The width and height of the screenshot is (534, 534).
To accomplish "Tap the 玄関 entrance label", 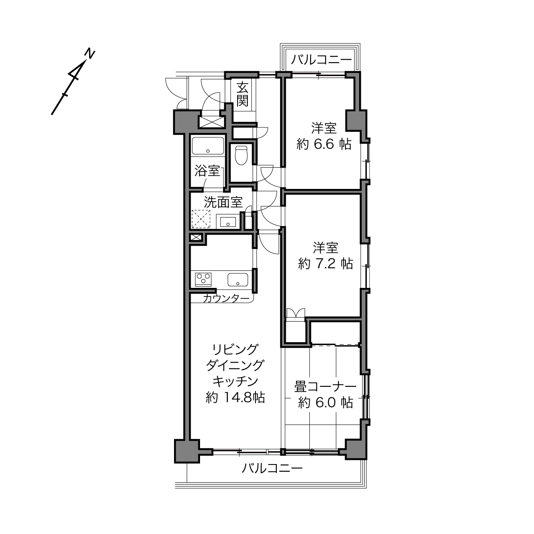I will (x=242, y=95).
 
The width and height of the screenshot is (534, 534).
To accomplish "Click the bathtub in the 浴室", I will (x=208, y=146).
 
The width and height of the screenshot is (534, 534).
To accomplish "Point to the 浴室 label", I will (x=207, y=171).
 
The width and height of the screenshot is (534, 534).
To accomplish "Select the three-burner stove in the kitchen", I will (x=203, y=280).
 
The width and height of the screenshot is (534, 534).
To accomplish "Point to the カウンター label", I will (x=226, y=299).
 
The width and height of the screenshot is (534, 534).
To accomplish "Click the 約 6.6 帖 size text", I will (x=324, y=144).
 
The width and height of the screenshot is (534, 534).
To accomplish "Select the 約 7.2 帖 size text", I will (x=326, y=264).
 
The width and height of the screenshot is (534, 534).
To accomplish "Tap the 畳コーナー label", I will (x=325, y=387).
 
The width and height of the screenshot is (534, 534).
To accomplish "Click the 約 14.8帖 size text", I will (x=235, y=398).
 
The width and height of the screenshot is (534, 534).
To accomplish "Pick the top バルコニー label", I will (x=321, y=60).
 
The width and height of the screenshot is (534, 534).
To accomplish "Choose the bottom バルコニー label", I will (x=273, y=469).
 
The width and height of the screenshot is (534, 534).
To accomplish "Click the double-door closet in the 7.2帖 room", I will (x=296, y=326).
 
